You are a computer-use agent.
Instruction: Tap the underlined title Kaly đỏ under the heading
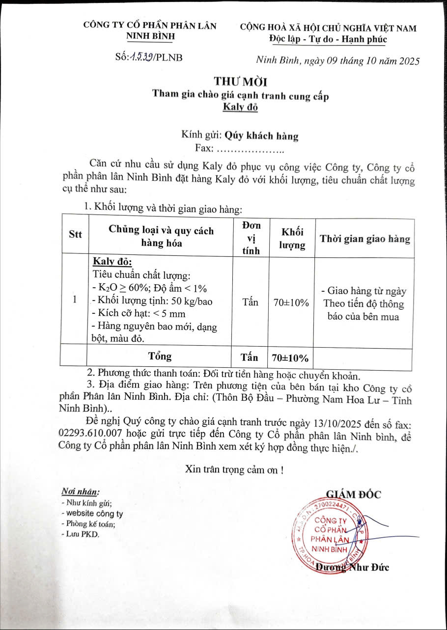[240, 107]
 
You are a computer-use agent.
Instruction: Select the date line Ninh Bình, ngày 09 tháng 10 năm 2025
[338, 61]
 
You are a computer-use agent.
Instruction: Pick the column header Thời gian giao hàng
[364, 239]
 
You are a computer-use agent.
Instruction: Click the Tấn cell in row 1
[250, 302]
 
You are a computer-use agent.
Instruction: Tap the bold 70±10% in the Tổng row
[291, 357]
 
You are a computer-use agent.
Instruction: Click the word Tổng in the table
[160, 355]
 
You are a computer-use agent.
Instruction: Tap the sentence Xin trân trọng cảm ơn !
[234, 469]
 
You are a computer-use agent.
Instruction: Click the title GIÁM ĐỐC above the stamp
[353, 494]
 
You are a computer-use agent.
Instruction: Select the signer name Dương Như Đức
[352, 567]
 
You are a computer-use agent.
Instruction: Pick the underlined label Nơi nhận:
[80, 492]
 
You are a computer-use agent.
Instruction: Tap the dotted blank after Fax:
[250, 149]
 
